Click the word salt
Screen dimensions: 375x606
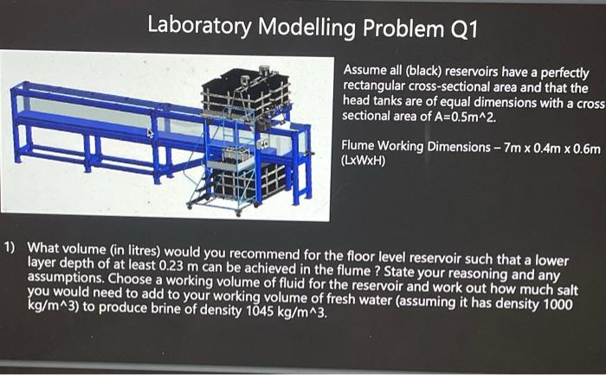[x=564, y=285]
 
